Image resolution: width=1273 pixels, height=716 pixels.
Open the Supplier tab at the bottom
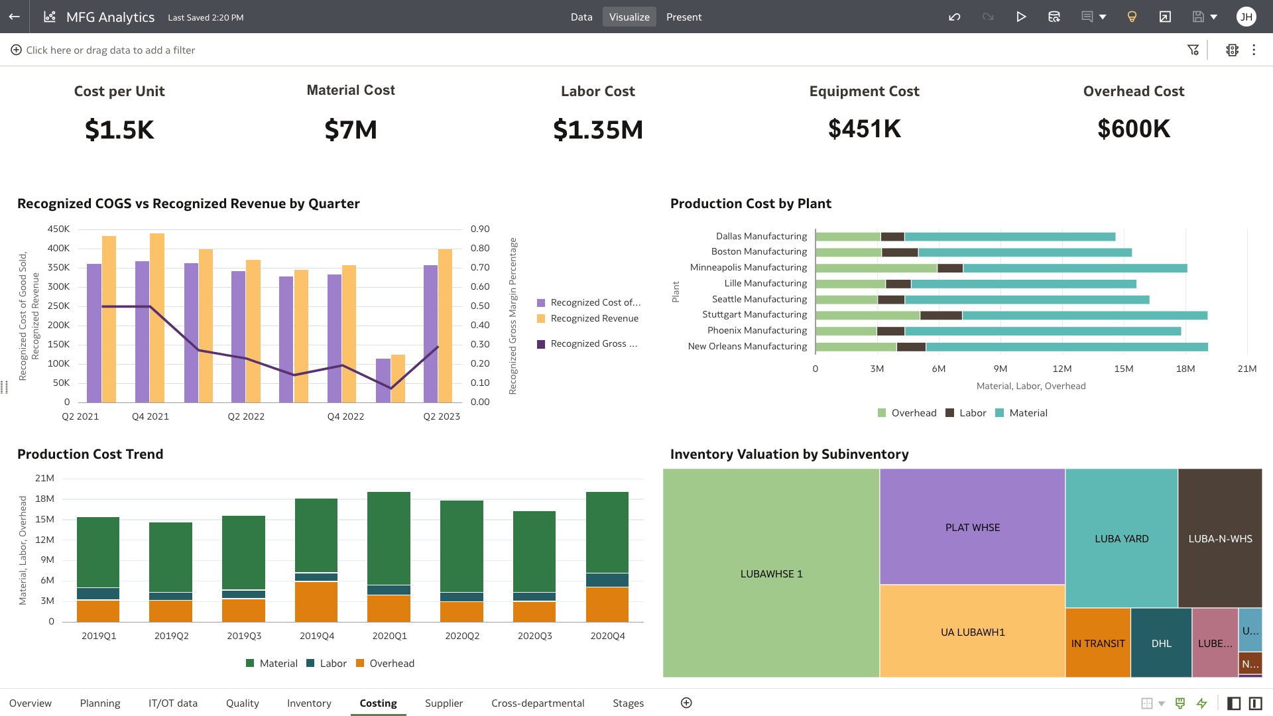(x=444, y=703)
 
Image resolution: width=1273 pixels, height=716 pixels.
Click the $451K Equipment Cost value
(x=864, y=129)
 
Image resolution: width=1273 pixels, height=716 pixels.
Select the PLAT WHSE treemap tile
(x=972, y=527)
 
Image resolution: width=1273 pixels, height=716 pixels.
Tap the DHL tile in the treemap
(x=1161, y=643)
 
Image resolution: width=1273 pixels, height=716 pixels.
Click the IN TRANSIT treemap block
(x=1097, y=643)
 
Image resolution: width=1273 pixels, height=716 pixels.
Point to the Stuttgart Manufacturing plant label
(x=755, y=314)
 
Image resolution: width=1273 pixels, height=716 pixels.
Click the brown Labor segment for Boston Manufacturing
(x=900, y=253)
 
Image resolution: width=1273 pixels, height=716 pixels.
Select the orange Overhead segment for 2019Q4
(x=316, y=601)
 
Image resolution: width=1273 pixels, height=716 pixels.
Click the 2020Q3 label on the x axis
(x=534, y=636)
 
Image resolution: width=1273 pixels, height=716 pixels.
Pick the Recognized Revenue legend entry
(x=594, y=318)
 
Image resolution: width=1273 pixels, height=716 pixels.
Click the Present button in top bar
(x=684, y=17)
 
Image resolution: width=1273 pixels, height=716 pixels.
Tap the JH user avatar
(x=1246, y=17)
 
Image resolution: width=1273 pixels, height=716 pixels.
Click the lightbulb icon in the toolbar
(x=1132, y=17)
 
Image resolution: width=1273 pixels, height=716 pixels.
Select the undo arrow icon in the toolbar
(x=955, y=17)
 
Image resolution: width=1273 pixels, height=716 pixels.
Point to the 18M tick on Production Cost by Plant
(x=1185, y=369)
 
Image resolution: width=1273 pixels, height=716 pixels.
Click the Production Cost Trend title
(x=90, y=454)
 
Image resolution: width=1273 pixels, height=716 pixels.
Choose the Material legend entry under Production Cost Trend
(x=278, y=663)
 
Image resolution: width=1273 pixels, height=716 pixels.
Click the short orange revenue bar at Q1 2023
(x=398, y=379)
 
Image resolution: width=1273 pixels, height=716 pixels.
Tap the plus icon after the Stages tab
(x=686, y=703)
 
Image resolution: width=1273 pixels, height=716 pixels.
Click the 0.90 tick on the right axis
(x=480, y=229)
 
